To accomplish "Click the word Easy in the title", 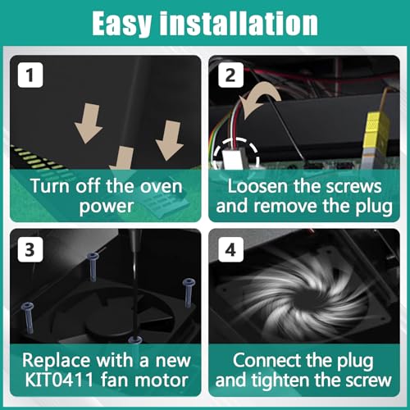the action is point(121,24).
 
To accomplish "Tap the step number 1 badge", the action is point(30,75).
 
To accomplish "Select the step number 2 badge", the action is point(230,75).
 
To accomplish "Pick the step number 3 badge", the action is point(30,249).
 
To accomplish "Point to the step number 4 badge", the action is point(230,249).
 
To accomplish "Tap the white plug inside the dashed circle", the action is point(232,159).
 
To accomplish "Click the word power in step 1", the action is point(107,207).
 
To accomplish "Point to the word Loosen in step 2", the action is point(257,186).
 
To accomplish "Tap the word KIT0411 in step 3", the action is point(59,380).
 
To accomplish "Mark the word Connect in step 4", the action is point(266,360).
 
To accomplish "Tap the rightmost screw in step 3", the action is point(189,293).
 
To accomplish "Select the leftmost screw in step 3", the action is point(28,317).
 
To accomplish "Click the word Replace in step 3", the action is point(57,361).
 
